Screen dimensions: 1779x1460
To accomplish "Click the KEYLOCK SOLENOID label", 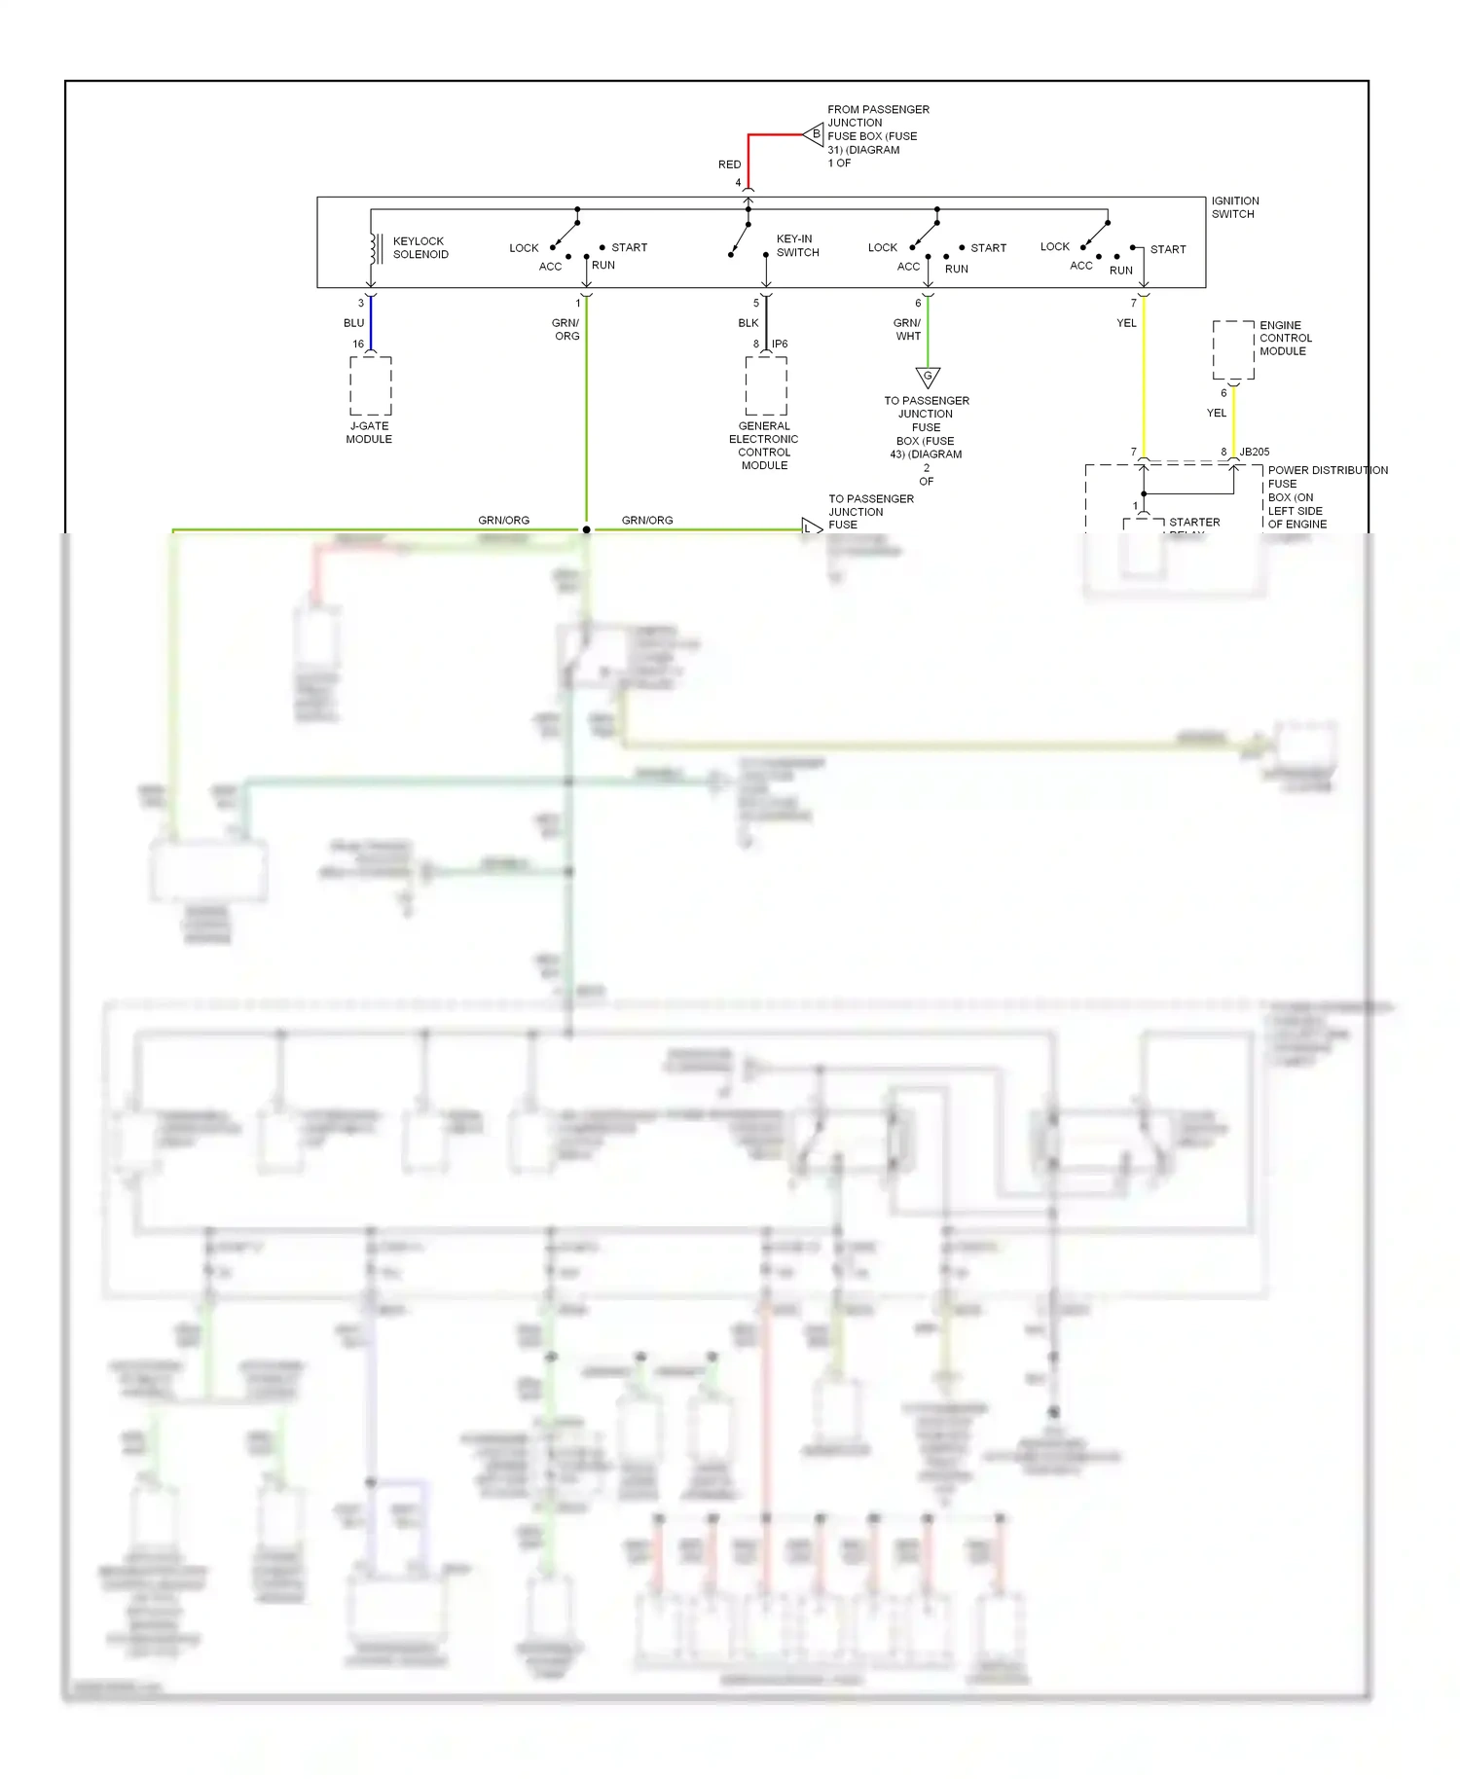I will [420, 247].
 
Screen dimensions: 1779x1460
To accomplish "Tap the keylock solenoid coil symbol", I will [374, 248].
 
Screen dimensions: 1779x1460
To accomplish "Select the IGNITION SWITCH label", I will [1234, 207].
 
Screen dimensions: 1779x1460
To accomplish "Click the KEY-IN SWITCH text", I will [797, 245].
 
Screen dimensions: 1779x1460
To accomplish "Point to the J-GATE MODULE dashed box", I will [371, 385].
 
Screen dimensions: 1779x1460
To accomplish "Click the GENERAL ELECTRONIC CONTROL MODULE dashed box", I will [766, 385].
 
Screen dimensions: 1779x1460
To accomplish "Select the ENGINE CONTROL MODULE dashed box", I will [1233, 349].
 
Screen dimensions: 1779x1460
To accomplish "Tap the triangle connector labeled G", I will [928, 377].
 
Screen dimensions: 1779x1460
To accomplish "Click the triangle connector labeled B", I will [815, 134].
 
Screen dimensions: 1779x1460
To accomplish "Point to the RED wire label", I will [729, 164].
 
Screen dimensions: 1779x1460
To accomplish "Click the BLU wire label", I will [353, 323].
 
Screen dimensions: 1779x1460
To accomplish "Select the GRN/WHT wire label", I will [907, 329].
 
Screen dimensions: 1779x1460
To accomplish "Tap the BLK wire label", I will [748, 323].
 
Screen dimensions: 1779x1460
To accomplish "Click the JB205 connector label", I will [1255, 452].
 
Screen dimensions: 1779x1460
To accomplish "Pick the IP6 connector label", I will [780, 344].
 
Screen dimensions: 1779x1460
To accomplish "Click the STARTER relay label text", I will [1194, 523].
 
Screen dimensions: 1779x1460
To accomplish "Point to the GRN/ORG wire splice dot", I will [586, 529].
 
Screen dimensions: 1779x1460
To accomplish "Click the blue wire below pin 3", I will [371, 323].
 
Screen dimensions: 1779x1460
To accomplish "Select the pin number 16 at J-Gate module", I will [358, 344].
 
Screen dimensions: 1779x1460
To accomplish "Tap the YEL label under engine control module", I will [1217, 413].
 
